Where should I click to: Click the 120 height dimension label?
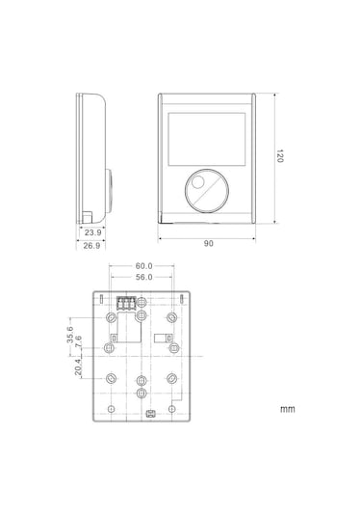(279, 156)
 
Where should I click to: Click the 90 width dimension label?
(208, 243)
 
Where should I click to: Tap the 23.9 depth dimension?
(93, 232)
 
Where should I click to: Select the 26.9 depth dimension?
(91, 246)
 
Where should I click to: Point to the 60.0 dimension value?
(143, 265)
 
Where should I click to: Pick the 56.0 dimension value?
(144, 277)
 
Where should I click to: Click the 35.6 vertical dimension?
(70, 335)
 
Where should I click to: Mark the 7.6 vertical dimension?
(78, 341)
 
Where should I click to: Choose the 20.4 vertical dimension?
(78, 367)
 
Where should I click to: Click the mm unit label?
(288, 409)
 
